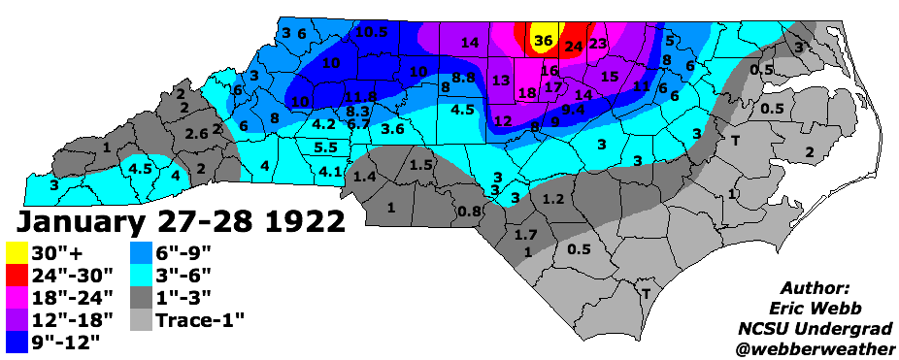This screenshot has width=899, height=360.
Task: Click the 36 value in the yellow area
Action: click(543, 41)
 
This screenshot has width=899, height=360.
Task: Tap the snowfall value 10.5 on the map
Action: click(371, 32)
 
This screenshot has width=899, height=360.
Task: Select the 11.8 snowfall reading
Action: click(359, 96)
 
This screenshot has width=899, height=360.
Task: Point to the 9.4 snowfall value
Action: click(573, 110)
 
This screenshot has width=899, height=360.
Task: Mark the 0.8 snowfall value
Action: click(470, 212)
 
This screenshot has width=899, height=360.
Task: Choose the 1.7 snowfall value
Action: click(526, 235)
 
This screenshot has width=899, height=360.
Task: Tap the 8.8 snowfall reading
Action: click(463, 77)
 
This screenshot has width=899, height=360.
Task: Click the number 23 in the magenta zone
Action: click(598, 43)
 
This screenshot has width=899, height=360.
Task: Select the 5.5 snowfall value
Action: click(325, 147)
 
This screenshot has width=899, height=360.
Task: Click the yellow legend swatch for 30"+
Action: click(17, 251)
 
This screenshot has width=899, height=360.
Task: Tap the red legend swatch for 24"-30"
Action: click(17, 273)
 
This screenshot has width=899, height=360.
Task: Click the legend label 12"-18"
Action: click(74, 317)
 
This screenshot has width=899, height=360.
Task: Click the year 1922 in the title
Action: click(301, 220)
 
